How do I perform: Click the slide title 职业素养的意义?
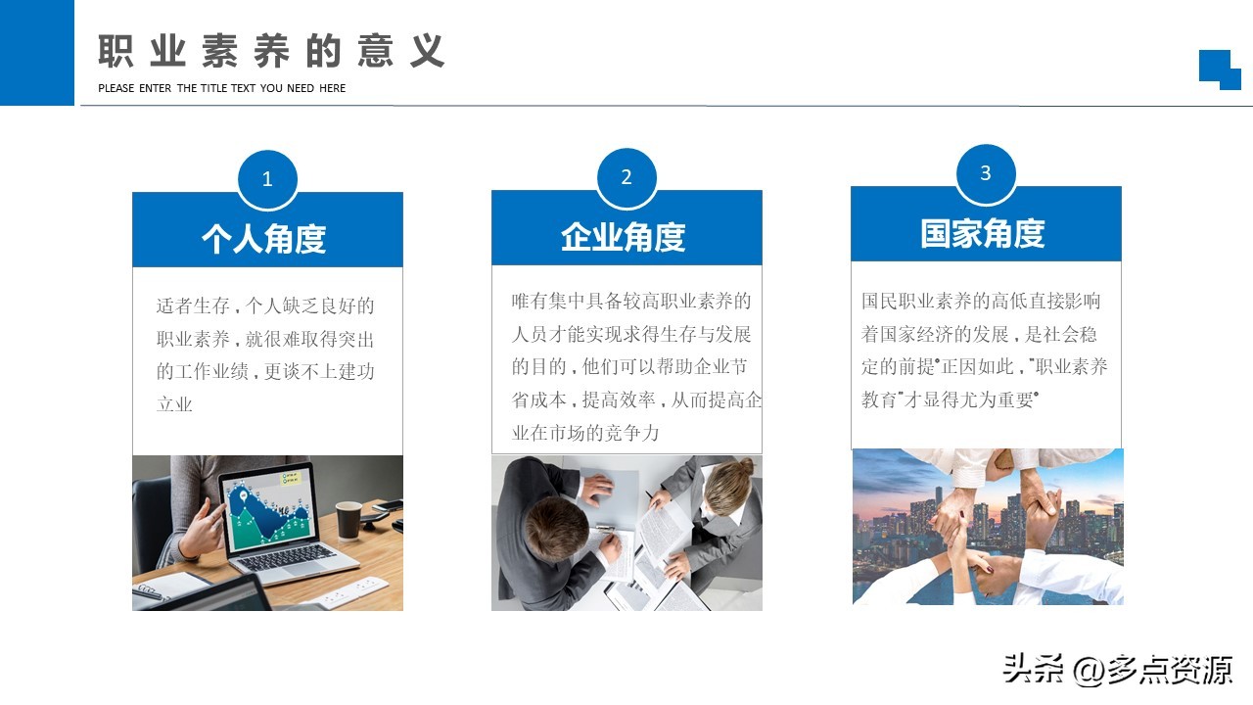click(x=271, y=52)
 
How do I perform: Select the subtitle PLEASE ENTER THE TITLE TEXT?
click(x=221, y=88)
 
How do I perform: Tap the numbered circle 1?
click(x=267, y=179)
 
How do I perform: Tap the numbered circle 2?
click(x=626, y=177)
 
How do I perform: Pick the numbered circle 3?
click(x=986, y=173)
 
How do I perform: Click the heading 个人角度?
click(x=264, y=238)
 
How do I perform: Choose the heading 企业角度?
click(x=624, y=236)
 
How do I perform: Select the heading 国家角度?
click(x=983, y=233)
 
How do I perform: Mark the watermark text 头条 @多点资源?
click(x=1116, y=670)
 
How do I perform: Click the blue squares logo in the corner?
click(x=1220, y=70)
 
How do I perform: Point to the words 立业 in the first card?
click(x=175, y=404)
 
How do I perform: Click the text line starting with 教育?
click(x=950, y=399)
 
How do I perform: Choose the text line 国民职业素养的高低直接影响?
click(x=981, y=301)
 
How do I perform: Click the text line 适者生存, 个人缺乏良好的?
click(x=265, y=305)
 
